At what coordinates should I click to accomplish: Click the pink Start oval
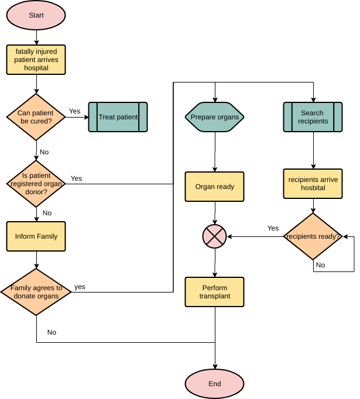[x=36, y=15]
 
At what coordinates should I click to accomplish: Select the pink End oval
[x=215, y=384]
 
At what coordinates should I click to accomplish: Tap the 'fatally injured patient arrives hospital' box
[x=36, y=60]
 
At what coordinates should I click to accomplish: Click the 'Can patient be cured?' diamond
[x=36, y=117]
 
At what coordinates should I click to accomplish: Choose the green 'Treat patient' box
[x=118, y=117]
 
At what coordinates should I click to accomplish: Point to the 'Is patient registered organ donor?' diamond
[x=36, y=183]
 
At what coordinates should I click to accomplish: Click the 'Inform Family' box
[x=36, y=236]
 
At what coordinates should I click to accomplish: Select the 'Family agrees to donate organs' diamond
[x=36, y=291]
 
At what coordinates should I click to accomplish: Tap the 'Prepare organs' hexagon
[x=215, y=117]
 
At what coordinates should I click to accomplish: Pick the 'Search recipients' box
[x=313, y=117]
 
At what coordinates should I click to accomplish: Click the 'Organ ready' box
[x=215, y=187]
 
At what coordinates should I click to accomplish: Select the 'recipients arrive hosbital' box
[x=313, y=184]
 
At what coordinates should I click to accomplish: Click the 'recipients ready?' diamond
[x=313, y=236]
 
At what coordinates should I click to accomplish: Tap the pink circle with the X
[x=215, y=236]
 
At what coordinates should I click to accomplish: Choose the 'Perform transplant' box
[x=215, y=292]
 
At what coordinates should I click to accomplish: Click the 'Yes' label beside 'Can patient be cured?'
[x=75, y=111]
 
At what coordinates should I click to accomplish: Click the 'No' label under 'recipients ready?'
[x=320, y=265]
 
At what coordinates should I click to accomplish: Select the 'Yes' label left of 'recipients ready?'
[x=273, y=228]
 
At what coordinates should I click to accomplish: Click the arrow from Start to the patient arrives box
[x=36, y=37]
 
